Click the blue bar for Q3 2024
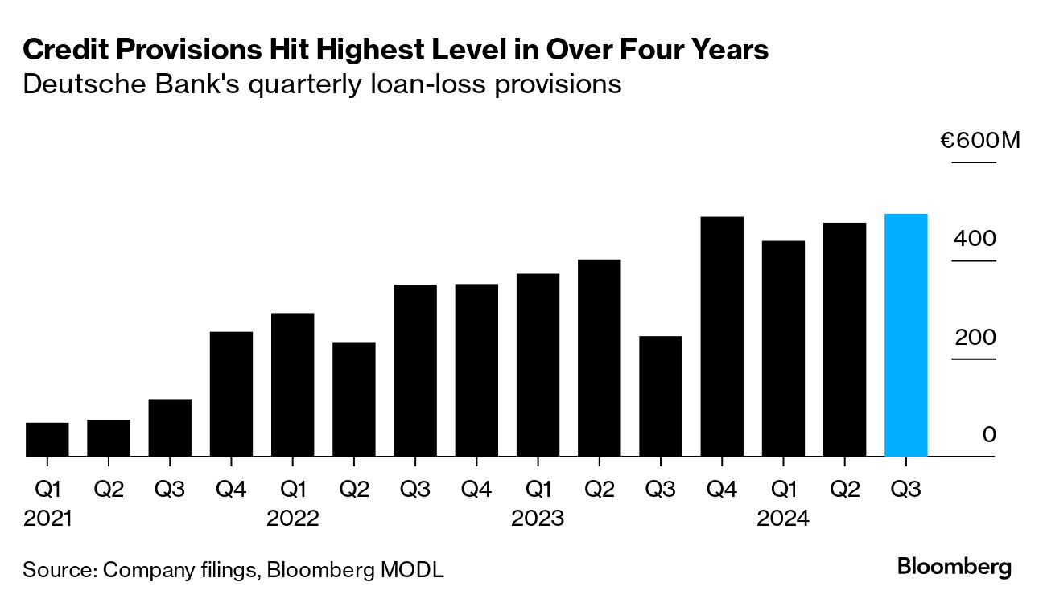click(905, 335)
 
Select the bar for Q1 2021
click(47, 440)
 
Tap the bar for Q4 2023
click(722, 337)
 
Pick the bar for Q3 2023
click(661, 396)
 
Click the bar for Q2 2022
click(354, 400)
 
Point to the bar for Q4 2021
click(231, 394)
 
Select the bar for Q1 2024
click(783, 349)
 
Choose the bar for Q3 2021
click(170, 428)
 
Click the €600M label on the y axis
click(979, 142)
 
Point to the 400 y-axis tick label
click(975, 239)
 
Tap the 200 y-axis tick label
click(975, 337)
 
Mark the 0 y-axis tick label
click(989, 435)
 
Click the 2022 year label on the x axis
click(293, 519)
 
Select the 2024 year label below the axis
click(783, 519)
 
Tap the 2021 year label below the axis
click(47, 519)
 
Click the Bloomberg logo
click(954, 566)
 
